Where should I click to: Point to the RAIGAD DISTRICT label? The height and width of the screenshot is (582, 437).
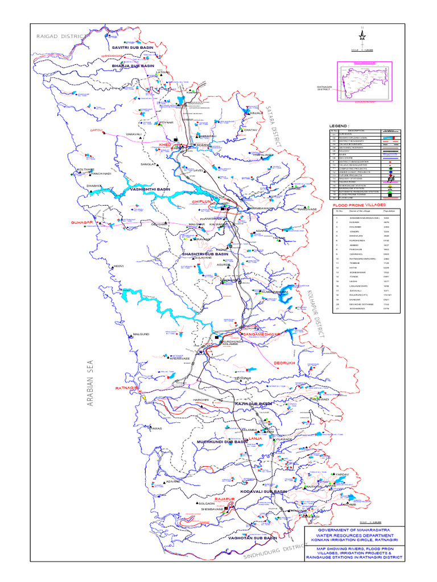[x=61, y=36]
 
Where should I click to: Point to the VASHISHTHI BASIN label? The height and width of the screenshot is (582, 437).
[x=151, y=189]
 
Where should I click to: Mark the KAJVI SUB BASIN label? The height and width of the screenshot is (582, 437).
[x=254, y=403]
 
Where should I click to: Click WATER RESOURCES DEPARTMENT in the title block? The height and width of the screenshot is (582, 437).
[x=354, y=535]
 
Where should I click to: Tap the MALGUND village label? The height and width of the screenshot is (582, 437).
[x=141, y=334]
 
